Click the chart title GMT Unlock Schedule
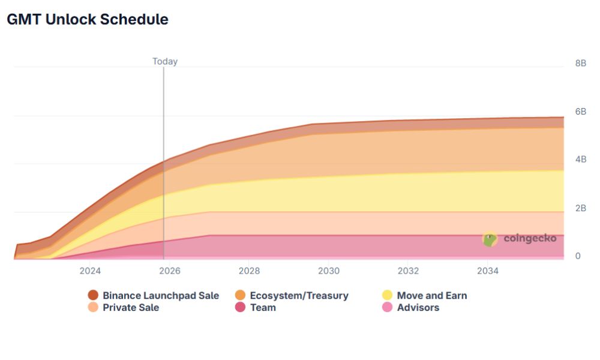[x=87, y=19]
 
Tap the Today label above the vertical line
[x=165, y=61]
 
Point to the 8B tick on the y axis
[x=580, y=63]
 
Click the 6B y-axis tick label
[x=580, y=112]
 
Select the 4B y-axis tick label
[x=580, y=160]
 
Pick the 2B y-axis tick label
[x=580, y=208]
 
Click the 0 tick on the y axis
[x=578, y=256]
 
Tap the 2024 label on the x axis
[x=90, y=271]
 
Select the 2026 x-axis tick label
[x=170, y=271]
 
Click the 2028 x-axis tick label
[x=249, y=271]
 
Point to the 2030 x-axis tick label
[x=329, y=271]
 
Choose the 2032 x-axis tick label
[x=408, y=271]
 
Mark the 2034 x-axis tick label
[x=488, y=271]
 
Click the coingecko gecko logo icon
[x=490, y=239]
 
